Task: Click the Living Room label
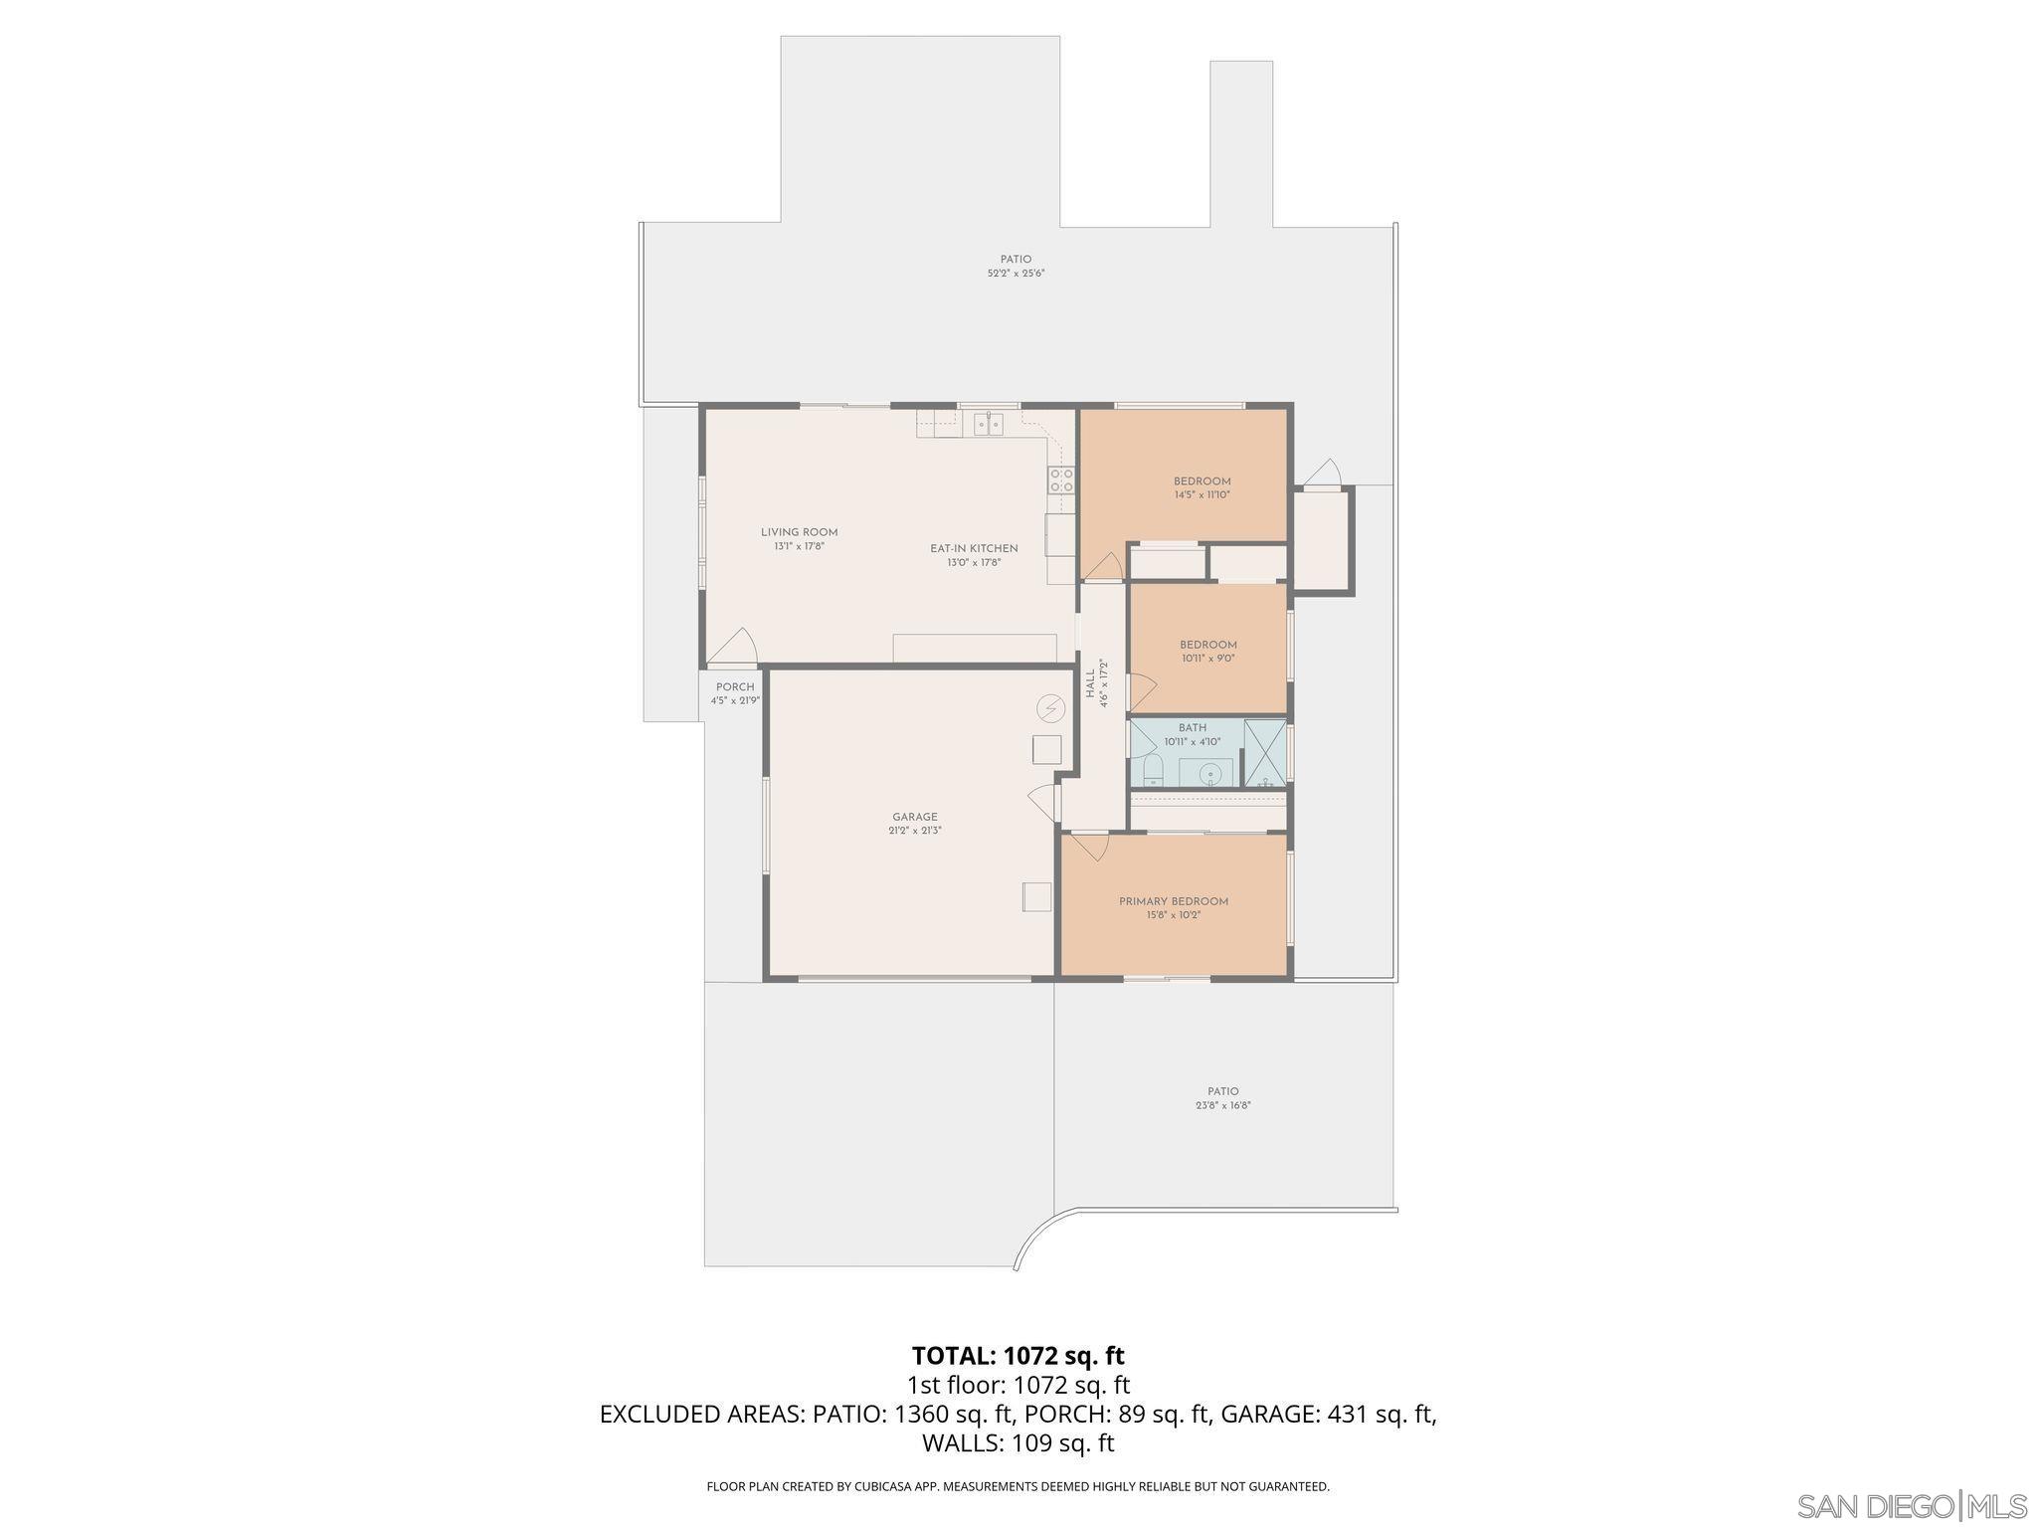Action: [799, 532]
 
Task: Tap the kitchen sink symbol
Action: [989, 425]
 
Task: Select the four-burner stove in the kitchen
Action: [1061, 480]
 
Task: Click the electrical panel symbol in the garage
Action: [1049, 708]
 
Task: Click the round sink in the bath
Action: [1209, 773]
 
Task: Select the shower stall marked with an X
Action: [1264, 753]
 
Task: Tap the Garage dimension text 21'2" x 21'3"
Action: [914, 831]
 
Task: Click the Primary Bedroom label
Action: [1173, 901]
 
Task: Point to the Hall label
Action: [1090, 682]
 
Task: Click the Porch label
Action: [735, 687]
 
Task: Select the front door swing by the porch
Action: [734, 648]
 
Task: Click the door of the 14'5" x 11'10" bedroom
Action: [1104, 566]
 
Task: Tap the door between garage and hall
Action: [1042, 800]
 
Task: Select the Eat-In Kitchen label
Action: [974, 548]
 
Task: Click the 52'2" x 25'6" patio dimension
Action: [1016, 274]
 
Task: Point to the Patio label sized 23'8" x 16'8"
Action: [1222, 1091]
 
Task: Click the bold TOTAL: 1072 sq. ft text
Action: [1018, 1356]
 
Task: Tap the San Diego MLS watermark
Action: [1911, 1505]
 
